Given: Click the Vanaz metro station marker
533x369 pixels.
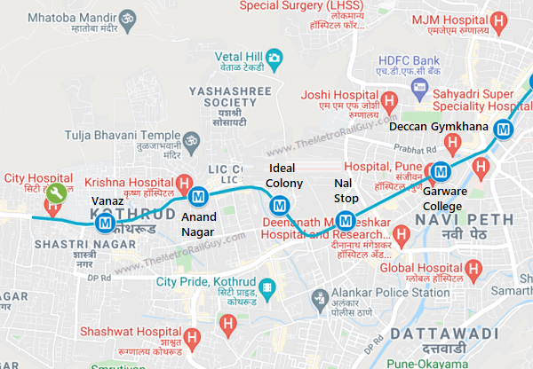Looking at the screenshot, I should [x=105, y=224].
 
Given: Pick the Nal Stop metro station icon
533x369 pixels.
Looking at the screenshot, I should [x=346, y=220].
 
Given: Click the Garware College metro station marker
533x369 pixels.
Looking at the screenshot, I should [x=440, y=172].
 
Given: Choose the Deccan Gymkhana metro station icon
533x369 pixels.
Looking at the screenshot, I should [x=505, y=129].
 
